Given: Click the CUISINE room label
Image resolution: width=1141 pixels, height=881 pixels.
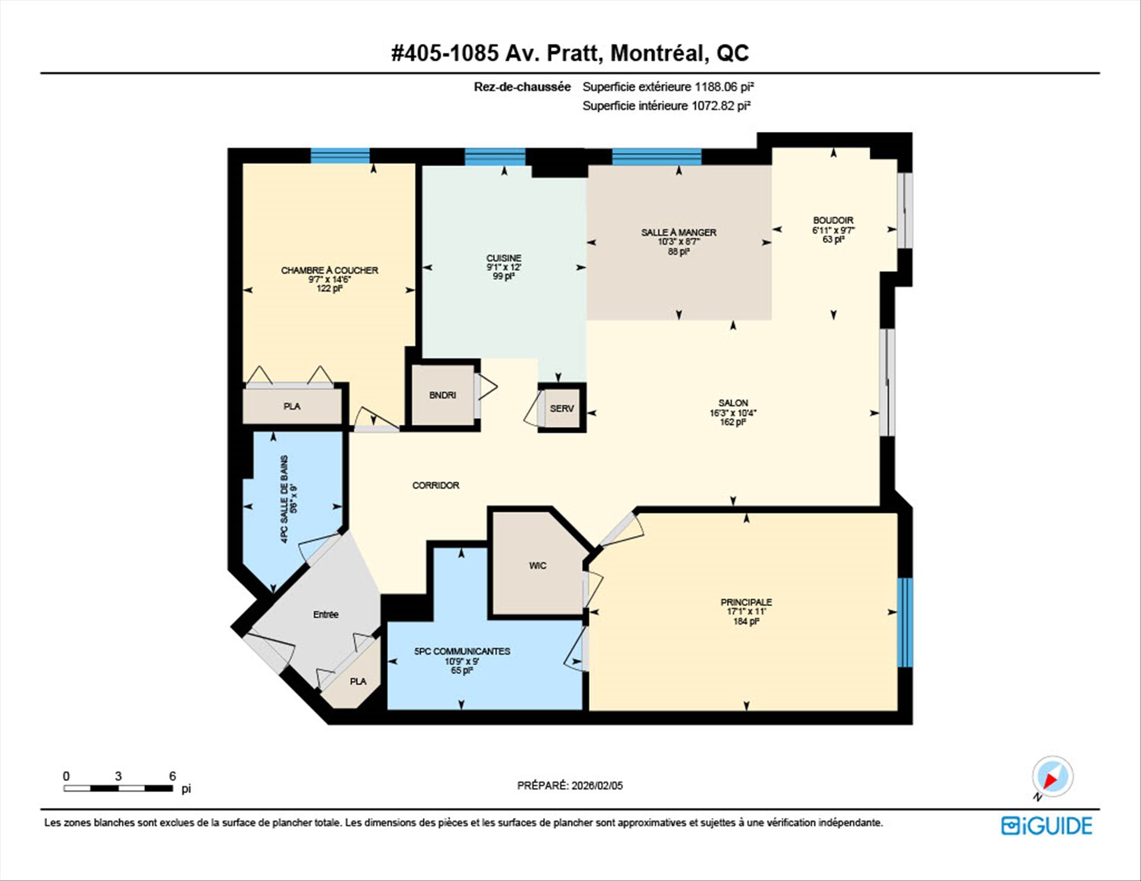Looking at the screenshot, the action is click(x=504, y=258).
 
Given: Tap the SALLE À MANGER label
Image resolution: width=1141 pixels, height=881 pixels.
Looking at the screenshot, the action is click(x=679, y=232).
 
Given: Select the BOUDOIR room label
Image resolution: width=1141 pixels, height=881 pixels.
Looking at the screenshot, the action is click(x=833, y=220).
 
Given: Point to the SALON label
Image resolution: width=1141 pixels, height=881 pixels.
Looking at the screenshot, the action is click(x=733, y=403).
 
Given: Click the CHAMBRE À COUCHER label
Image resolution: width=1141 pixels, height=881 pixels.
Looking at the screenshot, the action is click(x=329, y=270).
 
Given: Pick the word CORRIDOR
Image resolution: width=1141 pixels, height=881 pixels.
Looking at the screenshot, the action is click(x=436, y=485).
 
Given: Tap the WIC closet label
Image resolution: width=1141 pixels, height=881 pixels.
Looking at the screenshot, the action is click(x=538, y=566).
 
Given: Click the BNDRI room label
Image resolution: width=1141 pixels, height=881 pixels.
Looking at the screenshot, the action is click(x=443, y=395).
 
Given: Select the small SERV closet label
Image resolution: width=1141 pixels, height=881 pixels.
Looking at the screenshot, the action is click(x=562, y=409).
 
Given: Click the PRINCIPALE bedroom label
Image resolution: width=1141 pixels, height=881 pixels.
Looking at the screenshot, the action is click(x=746, y=602).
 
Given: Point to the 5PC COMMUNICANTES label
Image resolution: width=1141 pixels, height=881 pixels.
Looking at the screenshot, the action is click(x=462, y=651).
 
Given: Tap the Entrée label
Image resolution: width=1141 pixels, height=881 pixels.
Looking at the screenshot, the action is click(x=326, y=615).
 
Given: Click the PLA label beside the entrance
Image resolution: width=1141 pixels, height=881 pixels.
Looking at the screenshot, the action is click(x=358, y=681).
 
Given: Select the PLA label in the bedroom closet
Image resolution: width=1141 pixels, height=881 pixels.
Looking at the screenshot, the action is click(x=292, y=406).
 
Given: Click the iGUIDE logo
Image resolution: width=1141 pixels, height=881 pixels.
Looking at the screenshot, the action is click(x=1047, y=826).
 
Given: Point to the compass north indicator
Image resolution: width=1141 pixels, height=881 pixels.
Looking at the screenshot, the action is click(x=1052, y=778).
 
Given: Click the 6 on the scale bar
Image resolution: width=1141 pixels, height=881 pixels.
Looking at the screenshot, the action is click(x=172, y=776).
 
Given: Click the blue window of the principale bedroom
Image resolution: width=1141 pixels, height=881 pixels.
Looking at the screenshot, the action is click(x=904, y=622).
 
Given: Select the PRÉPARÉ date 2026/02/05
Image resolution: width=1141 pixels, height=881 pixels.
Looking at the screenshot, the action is click(x=597, y=785).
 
